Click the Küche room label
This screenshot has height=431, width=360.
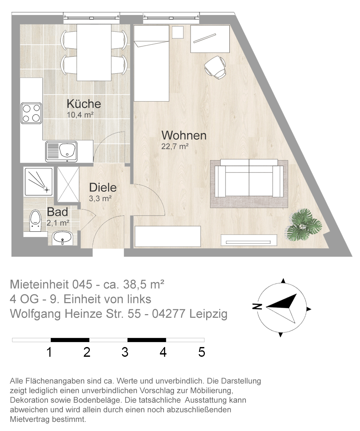point(84,104)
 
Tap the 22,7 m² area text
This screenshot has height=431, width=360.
point(175,146)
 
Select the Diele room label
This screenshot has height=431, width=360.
point(103,188)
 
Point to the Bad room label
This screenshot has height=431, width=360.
point(57,212)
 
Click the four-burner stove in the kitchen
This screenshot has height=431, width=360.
point(31,113)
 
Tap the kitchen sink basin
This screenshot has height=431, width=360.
point(67,149)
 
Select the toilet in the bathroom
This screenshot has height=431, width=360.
point(35,221)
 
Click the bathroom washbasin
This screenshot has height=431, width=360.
point(62,238)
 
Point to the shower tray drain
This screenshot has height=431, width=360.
point(47,190)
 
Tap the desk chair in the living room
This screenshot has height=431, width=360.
point(216,67)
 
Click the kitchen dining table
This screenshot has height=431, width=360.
point(94,52)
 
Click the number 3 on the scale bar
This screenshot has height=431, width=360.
point(125,352)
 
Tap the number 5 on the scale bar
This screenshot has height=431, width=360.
point(202,352)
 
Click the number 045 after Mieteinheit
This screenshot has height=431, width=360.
point(82,284)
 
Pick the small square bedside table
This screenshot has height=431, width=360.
point(178,32)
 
